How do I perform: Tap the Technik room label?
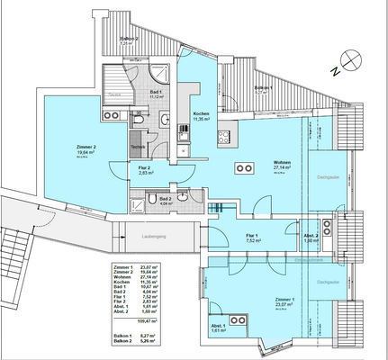click(x=138, y=146)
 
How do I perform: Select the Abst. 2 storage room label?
click(x=311, y=235)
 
